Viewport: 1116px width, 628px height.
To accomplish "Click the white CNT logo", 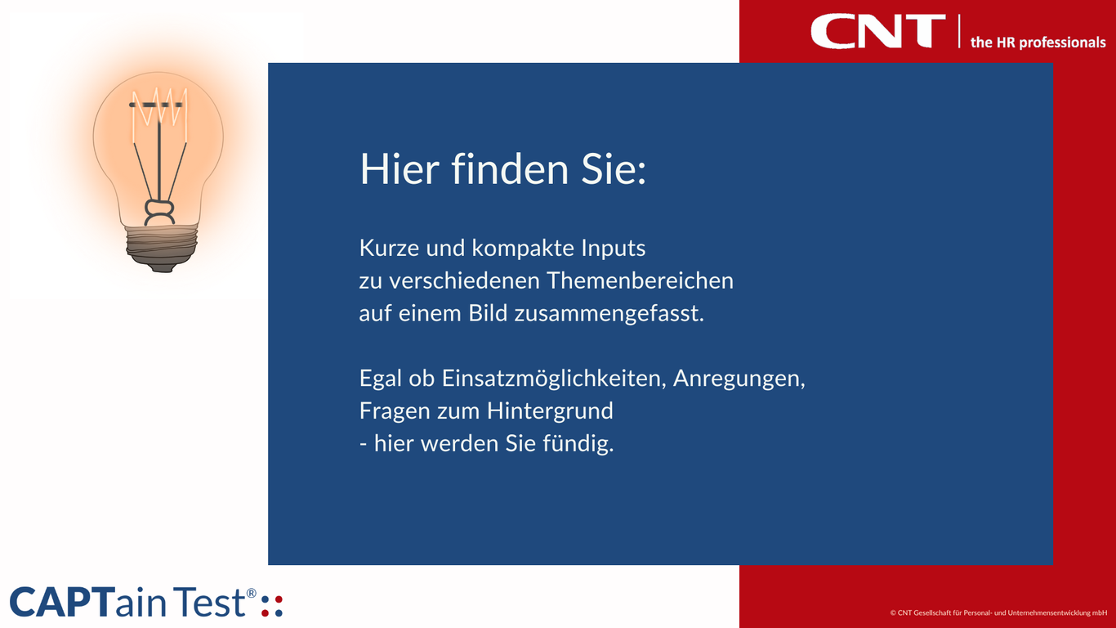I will [878, 31].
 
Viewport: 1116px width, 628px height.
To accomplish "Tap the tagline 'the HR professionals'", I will [1038, 43].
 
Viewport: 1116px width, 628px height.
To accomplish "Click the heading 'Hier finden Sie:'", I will [502, 168].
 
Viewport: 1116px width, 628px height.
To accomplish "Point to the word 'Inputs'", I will [614, 248].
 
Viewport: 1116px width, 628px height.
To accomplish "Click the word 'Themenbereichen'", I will [640, 280].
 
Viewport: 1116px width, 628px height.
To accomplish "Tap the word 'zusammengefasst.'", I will [609, 313].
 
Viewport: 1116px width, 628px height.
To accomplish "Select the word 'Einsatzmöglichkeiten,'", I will [553, 379].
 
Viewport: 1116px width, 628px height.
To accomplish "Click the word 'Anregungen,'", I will [739, 379].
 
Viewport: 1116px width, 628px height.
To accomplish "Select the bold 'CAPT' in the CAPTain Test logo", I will [60, 603].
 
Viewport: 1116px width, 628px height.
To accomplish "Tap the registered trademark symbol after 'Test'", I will [252, 592].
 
